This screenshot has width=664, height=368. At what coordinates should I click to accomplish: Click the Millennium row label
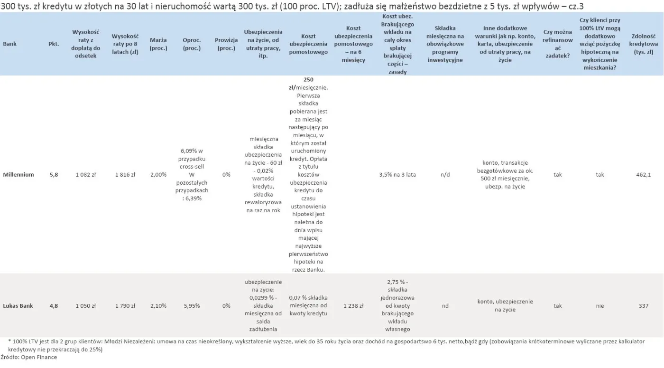tap(18, 175)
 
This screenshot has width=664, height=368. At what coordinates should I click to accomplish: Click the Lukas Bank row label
tap(18, 306)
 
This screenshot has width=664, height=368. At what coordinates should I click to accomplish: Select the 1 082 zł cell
tap(86, 175)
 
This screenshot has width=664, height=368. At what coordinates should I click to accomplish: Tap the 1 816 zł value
tap(125, 175)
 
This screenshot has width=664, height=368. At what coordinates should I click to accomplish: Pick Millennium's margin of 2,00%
tap(158, 175)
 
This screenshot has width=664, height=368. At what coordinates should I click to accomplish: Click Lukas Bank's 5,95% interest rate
tap(192, 306)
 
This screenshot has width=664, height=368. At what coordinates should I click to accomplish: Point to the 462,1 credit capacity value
tap(643, 175)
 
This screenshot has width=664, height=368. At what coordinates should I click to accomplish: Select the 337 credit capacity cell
tap(643, 306)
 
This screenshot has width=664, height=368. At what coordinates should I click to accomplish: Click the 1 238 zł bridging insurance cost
tap(353, 306)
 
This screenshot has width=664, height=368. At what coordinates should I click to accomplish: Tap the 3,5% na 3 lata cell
tap(397, 175)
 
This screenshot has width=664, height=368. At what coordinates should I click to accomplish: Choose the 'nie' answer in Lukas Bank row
tap(600, 306)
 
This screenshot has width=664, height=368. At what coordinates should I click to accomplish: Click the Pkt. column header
tap(54, 44)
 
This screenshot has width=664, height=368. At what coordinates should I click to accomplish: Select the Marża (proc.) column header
tap(158, 44)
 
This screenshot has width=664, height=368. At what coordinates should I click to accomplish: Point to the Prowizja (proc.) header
tap(226, 44)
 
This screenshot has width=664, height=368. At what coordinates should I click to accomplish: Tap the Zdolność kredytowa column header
tap(643, 44)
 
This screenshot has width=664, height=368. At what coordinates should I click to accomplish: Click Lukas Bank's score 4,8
tap(54, 306)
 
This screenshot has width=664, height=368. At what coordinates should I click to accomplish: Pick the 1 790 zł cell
tap(125, 306)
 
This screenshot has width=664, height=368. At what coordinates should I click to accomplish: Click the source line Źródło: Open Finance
tap(29, 357)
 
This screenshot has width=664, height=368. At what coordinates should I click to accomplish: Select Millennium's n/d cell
tap(445, 175)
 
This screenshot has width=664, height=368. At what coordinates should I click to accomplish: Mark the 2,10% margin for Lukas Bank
tap(158, 306)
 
